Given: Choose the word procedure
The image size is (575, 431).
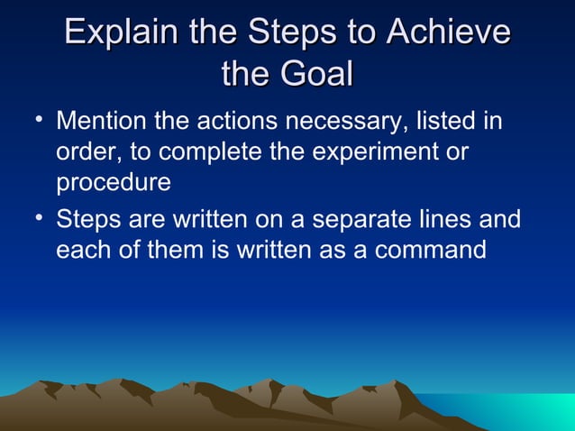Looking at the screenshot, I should (x=114, y=183).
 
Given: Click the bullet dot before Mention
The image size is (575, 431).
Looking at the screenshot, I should (x=32, y=119).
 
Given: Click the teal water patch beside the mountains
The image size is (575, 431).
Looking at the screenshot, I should (x=532, y=411).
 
